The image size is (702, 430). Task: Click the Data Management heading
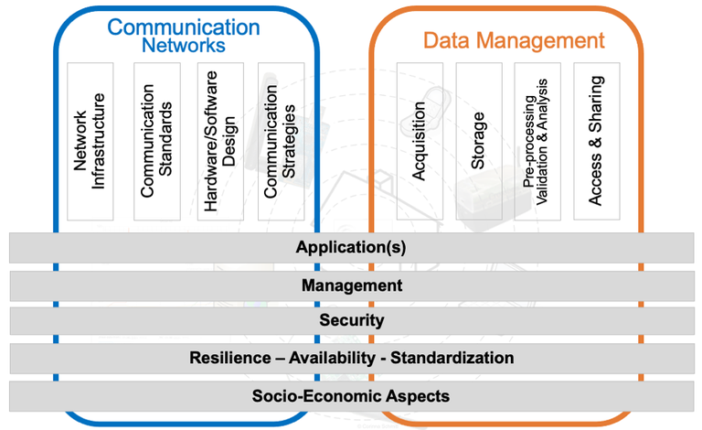tap(513, 40)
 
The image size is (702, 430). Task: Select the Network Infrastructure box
tap(90, 141)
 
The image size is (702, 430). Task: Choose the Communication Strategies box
tap(281, 141)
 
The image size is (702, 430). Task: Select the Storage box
tap(478, 141)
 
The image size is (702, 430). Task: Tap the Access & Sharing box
tap(596, 141)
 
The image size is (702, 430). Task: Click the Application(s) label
tap(351, 248)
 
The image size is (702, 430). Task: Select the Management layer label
tap(351, 285)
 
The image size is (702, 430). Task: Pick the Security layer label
tap(351, 321)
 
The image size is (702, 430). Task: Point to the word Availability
tap(336, 358)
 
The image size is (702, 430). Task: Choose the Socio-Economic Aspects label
tap(351, 396)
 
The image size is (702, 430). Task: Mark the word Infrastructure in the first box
tap(100, 141)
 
